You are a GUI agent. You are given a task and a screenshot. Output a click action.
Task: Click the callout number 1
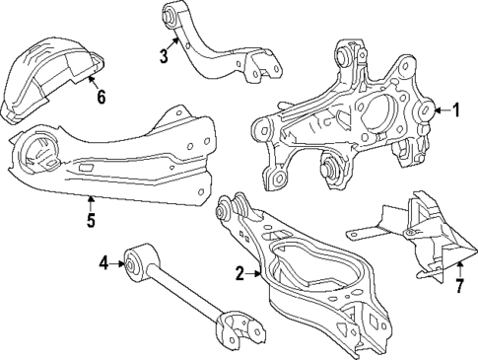456,110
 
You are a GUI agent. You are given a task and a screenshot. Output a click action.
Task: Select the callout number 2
239,274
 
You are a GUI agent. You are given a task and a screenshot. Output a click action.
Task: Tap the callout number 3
165,57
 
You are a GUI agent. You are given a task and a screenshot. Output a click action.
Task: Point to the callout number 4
102,263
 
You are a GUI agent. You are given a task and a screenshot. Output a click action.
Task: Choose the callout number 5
90,220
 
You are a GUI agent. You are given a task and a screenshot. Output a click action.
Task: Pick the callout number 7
458,287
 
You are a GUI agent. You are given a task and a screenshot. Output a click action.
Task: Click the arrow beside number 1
440,110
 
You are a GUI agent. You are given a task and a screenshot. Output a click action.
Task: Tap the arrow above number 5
90,203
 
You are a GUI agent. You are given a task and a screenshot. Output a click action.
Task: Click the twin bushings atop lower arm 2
233,208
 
